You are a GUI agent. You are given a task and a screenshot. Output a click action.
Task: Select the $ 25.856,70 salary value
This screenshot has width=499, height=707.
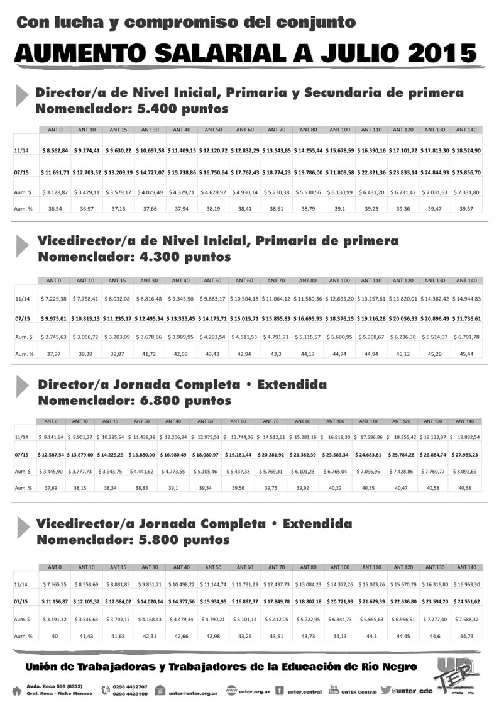click(x=466, y=172)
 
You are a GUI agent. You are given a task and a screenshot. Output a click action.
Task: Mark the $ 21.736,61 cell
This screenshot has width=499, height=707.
click(x=466, y=319)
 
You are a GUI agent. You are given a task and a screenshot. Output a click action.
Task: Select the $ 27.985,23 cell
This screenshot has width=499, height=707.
click(x=466, y=454)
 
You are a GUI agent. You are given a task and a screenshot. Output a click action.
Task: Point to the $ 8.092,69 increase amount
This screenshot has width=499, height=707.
click(x=466, y=470)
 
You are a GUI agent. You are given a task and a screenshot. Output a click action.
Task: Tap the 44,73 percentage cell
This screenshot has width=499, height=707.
click(x=466, y=636)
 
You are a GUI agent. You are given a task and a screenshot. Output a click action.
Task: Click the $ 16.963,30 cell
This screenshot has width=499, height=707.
click(x=466, y=584)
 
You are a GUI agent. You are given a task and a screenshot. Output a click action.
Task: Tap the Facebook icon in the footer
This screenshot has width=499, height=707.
click(x=279, y=691)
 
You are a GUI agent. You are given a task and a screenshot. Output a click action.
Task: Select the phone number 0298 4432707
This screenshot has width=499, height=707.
click(x=130, y=687)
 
